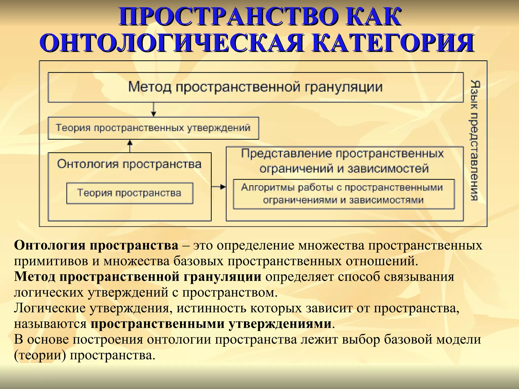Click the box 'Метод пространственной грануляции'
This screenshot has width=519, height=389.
[x=255, y=87]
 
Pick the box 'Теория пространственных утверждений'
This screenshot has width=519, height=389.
[x=153, y=128]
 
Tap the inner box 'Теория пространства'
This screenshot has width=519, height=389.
[x=129, y=193]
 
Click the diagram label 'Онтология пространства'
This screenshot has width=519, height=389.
[x=129, y=164]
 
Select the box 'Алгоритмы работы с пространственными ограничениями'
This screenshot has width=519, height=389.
[x=343, y=194]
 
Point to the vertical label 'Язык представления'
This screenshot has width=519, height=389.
[x=474, y=141]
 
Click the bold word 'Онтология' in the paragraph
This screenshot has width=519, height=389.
[x=49, y=245]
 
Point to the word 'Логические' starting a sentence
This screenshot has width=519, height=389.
[x=49, y=308]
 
